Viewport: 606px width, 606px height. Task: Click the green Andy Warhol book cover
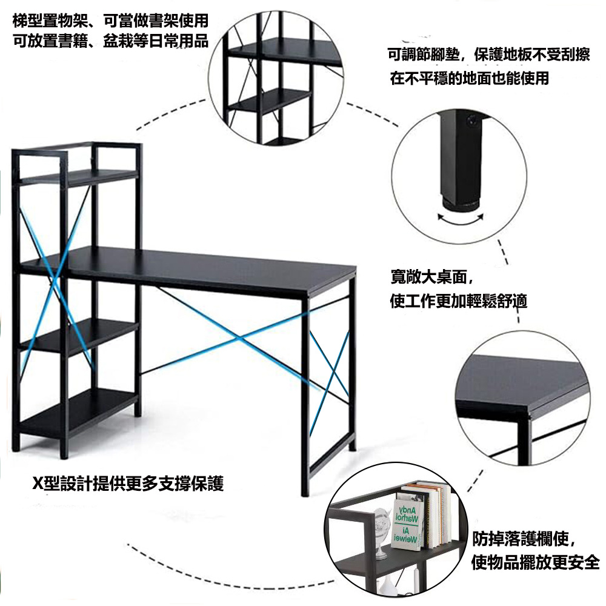(406, 524)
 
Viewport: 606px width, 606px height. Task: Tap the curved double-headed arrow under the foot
(461, 221)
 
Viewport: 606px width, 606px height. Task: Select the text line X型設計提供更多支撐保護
(128, 484)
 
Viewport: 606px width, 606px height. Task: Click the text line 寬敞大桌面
(432, 277)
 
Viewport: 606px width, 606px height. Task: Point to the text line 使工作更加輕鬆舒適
(458, 301)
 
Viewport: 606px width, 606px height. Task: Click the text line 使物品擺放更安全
(535, 562)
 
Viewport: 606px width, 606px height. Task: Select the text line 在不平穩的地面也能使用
(470, 78)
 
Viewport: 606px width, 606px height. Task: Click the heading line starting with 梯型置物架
(110, 21)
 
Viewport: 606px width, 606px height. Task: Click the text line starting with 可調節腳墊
(489, 55)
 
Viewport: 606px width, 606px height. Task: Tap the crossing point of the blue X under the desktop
(241, 339)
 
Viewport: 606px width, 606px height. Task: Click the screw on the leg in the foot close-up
(472, 121)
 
